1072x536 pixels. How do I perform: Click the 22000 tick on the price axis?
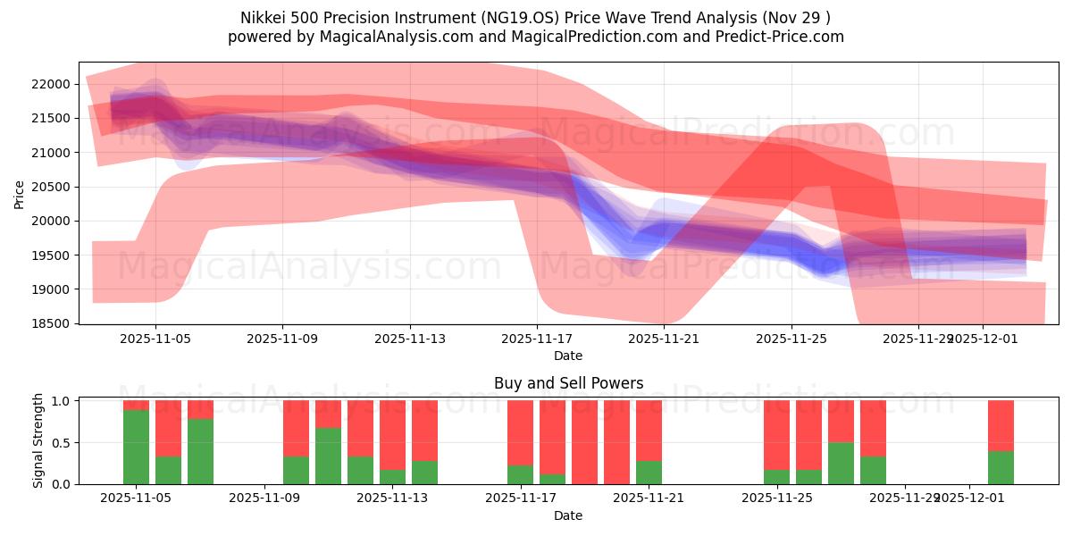coord(51,84)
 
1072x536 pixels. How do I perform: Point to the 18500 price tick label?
coord(51,323)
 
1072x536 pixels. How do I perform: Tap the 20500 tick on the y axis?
coord(51,187)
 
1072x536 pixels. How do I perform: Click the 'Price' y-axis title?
coord(19,193)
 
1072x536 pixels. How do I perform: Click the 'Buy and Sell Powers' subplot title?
coord(568,383)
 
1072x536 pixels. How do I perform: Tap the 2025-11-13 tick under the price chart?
coord(409,339)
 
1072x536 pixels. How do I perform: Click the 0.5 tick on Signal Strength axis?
coord(61,442)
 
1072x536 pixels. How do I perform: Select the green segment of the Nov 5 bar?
coord(136,447)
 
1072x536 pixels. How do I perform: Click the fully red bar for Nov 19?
coord(584,442)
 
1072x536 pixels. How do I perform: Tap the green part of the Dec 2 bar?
coord(1001,467)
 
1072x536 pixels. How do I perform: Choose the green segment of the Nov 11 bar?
coord(328,456)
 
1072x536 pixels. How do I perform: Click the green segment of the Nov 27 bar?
coord(841,463)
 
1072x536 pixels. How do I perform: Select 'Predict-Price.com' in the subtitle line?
coord(783,37)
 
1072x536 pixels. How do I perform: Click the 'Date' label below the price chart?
coord(568,356)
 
